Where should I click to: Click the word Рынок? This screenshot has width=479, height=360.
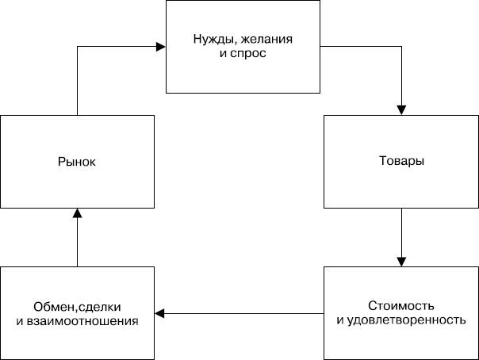(77, 162)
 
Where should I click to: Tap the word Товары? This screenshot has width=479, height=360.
(401, 161)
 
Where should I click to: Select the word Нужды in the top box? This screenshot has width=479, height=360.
(211, 40)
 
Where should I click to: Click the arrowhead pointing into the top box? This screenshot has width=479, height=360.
(160, 47)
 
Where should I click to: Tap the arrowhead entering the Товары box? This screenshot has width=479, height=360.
(402, 110)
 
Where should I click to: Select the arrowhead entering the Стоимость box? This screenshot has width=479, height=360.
(402, 262)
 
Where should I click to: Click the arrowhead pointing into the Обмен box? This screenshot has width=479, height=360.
(159, 314)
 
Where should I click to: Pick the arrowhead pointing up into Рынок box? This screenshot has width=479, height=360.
(77, 212)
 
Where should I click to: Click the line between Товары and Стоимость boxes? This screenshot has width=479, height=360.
(402, 234)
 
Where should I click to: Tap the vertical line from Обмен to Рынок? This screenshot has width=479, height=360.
(77, 242)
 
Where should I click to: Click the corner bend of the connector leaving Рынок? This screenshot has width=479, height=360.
(77, 47)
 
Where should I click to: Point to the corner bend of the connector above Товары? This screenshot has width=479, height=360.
(402, 47)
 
